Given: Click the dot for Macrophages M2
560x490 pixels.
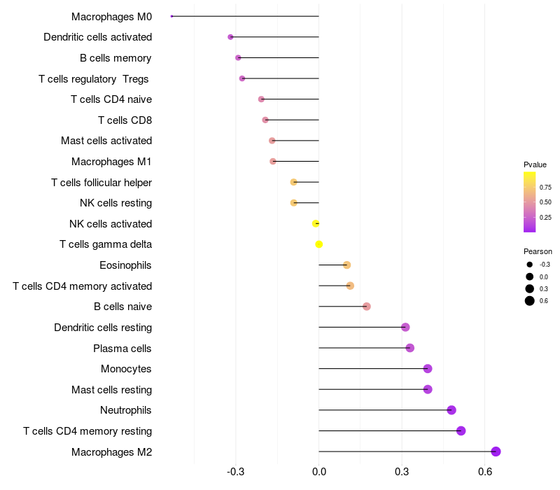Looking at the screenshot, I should point(496,451).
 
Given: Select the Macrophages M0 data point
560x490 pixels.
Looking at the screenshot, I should point(171,16).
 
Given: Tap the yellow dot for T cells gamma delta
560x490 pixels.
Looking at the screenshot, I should point(319,244).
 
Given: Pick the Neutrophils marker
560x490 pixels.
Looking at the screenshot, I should point(451,410).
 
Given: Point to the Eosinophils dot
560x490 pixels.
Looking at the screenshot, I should point(346,265).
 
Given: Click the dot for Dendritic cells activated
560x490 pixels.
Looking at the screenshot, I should point(230,37).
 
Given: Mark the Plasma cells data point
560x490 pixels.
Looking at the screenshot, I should point(410,348).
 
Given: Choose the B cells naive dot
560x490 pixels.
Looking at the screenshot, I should point(367,307).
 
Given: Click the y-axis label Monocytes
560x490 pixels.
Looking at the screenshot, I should point(126,369).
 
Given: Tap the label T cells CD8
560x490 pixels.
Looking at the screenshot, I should point(125,120).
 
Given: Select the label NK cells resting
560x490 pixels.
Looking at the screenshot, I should point(115,203).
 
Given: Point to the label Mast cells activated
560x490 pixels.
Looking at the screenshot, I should point(106,141).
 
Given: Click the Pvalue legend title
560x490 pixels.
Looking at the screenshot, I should point(535,164).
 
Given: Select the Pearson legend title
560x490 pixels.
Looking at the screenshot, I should point(538,251).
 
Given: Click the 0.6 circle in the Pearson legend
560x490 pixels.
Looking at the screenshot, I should point(530,301).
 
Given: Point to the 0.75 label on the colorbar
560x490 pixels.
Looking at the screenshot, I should point(545,188).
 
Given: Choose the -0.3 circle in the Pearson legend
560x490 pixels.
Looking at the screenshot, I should point(530,265).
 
